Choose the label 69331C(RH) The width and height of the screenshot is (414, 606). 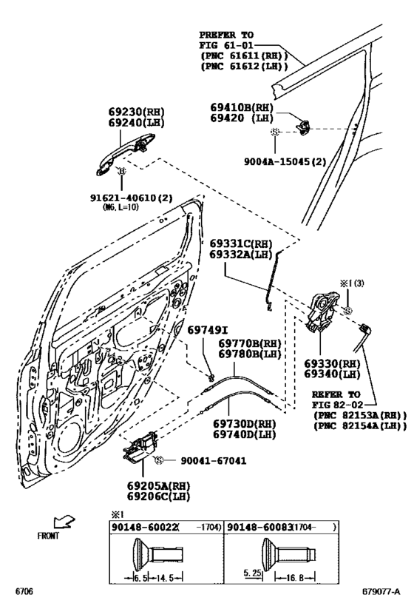tap(238, 243)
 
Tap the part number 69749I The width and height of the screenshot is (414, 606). tap(206, 329)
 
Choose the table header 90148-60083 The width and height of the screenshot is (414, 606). tap(254, 527)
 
